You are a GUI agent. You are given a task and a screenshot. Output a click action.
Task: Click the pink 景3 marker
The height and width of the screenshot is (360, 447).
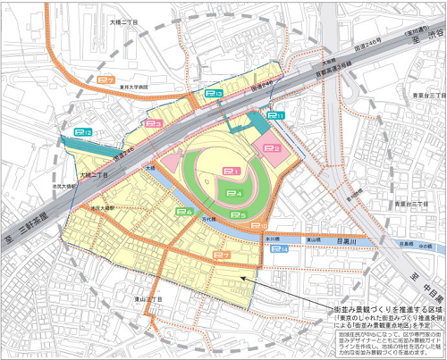click(x=153, y=124)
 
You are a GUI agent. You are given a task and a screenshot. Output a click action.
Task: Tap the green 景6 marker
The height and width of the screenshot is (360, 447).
click(x=183, y=211)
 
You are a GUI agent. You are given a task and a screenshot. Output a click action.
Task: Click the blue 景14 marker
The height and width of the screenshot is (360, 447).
click(x=279, y=250)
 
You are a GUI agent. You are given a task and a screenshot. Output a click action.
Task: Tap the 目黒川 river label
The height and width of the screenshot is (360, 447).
click(x=346, y=241)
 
